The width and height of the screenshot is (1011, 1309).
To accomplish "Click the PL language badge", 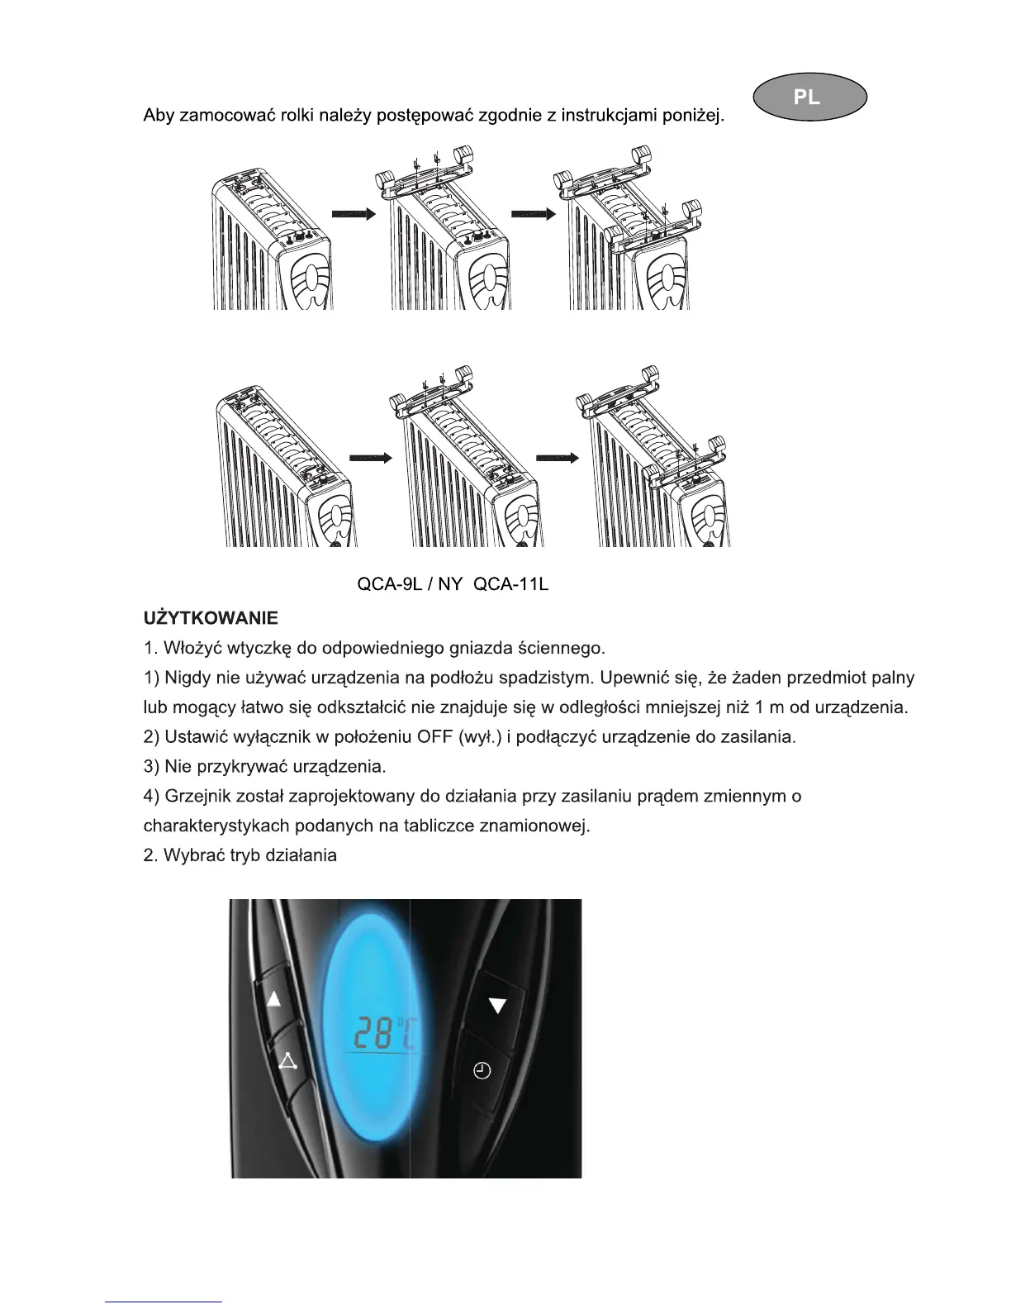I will pos(809,97).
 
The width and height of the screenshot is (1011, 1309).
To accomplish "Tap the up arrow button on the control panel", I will pos(274,1000).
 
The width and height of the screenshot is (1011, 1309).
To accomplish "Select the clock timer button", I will pos(482,1071).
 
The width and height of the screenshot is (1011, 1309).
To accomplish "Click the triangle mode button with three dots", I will pos(287,1061).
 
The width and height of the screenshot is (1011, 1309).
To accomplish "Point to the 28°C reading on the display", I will pos(385,1033).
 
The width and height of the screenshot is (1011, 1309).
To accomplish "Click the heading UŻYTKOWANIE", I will pos(211,618).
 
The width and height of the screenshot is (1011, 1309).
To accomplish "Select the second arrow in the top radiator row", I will pos(534,213).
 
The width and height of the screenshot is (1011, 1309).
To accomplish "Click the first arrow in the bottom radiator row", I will pos(369,459).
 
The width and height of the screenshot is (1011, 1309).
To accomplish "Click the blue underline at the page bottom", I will pos(164,1301).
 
